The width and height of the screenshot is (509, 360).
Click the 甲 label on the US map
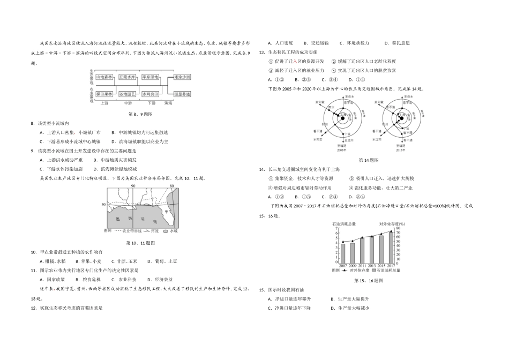167,211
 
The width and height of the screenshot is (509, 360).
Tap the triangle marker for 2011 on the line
362,236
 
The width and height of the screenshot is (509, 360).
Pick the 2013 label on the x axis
371,265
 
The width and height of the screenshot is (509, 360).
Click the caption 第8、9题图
140,114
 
